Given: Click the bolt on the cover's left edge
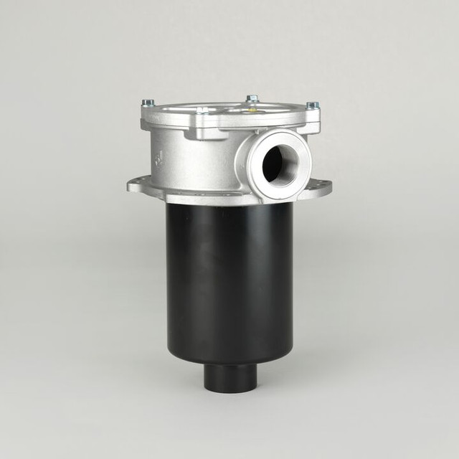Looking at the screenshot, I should (x=148, y=103).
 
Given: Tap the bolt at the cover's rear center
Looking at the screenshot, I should (x=252, y=98).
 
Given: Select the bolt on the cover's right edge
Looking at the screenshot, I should (x=312, y=105).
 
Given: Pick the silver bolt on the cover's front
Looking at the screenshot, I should (x=203, y=111).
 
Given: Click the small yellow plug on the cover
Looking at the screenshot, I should (x=252, y=110).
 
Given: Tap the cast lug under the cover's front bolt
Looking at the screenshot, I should (x=203, y=129).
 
